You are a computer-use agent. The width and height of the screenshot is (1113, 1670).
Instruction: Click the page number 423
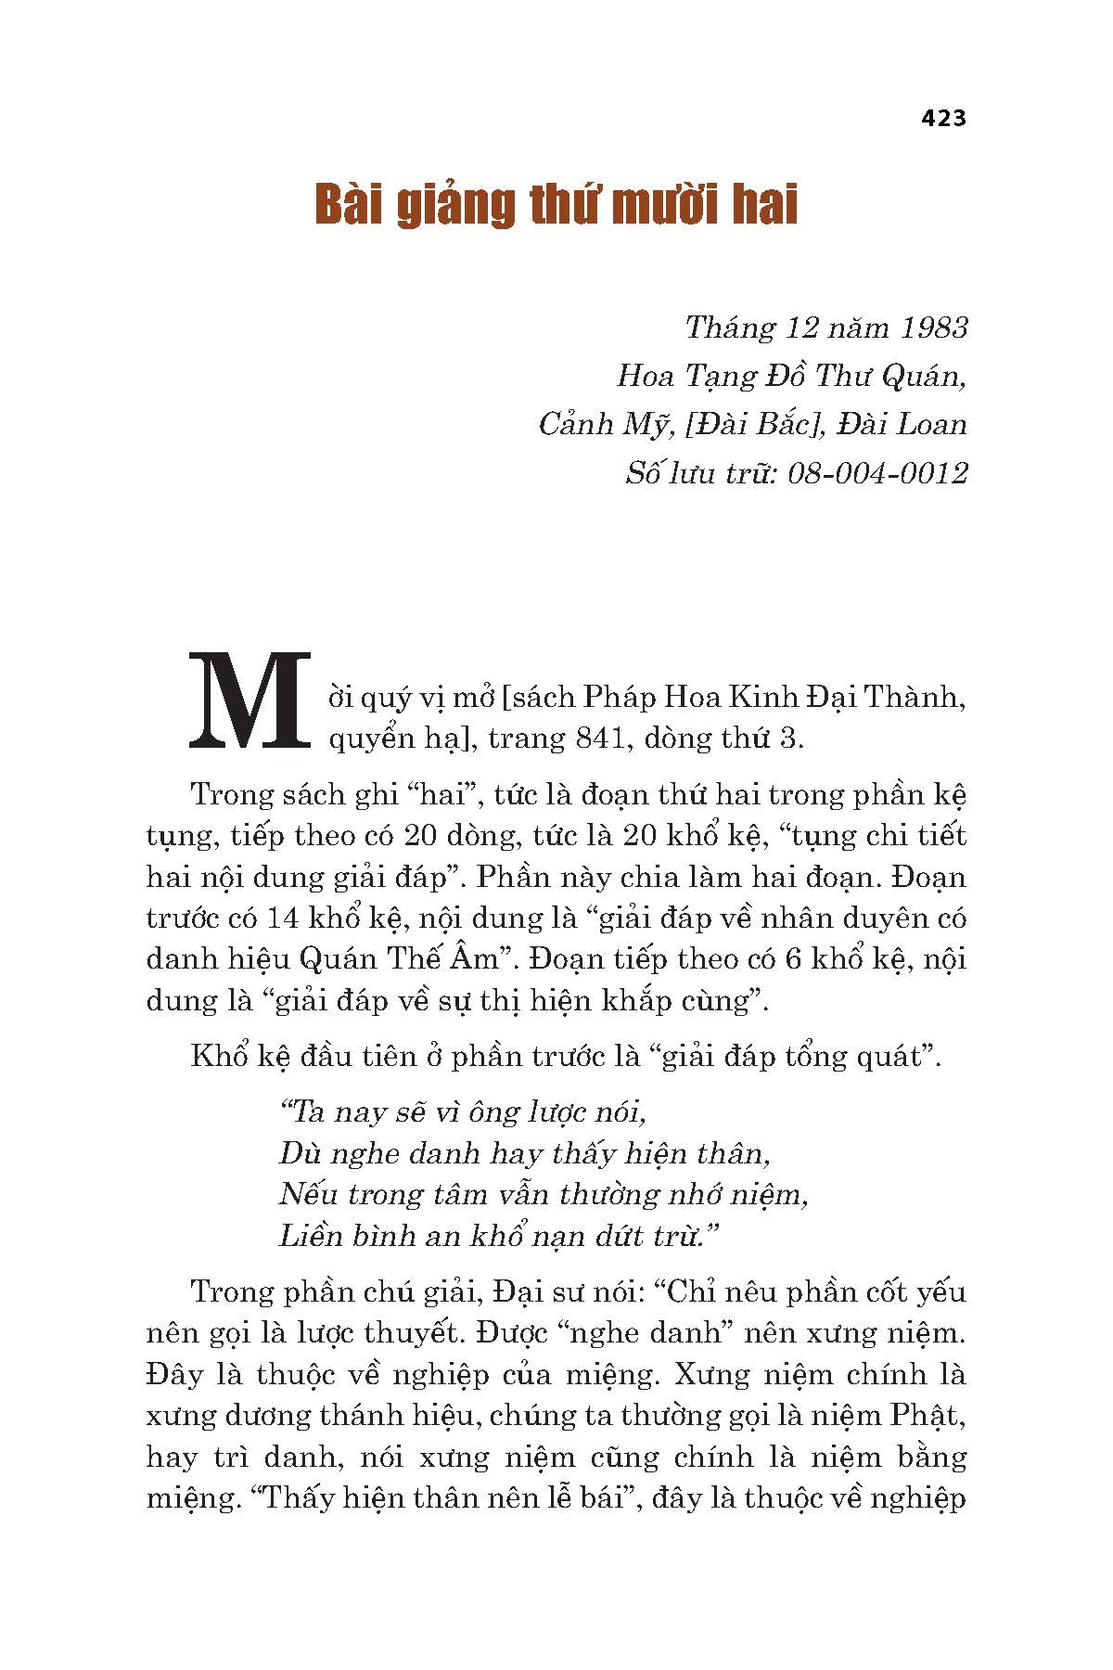pos(943,119)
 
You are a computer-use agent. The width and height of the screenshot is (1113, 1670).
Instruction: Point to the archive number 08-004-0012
pos(876,473)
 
